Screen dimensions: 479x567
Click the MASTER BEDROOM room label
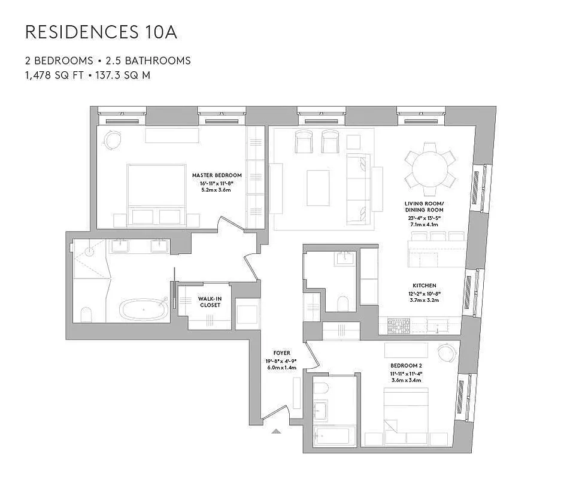[x=217, y=175]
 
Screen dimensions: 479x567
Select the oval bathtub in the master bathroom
[x=144, y=311]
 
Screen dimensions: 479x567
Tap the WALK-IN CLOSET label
[x=210, y=301]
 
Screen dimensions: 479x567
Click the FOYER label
[x=281, y=353]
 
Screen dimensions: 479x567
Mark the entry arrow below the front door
[x=276, y=430]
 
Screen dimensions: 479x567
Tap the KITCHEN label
[x=424, y=286]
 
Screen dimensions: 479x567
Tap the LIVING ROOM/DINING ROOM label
[x=424, y=207]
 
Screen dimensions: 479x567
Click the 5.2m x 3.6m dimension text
[x=216, y=190]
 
